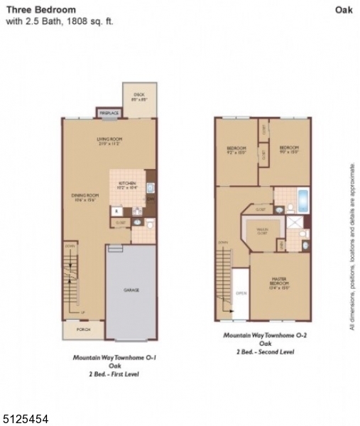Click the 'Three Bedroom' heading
[41, 9]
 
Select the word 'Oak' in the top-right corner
[344, 9]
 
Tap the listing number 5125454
[25, 419]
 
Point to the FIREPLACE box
[109, 112]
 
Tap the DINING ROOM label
[84, 197]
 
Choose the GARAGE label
[131, 290]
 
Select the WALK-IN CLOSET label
[262, 230]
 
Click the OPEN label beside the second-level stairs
[241, 293]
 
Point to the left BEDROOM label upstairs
[236, 149]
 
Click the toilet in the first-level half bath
[149, 224]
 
